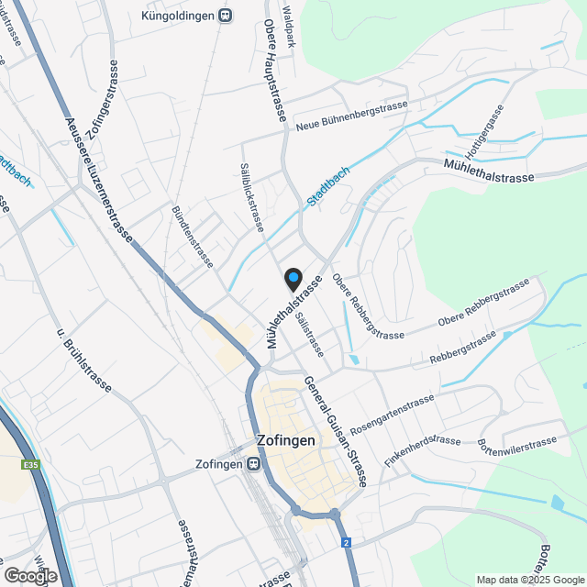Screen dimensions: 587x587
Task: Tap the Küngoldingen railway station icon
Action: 226,16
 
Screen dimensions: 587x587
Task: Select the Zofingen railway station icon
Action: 251,464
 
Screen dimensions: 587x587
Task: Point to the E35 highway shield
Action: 32,466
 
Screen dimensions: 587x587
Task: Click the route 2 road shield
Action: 347,543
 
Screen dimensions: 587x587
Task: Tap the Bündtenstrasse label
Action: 193,237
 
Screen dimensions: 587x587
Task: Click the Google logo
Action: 29,575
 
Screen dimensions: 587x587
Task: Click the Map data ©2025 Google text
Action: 530,580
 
